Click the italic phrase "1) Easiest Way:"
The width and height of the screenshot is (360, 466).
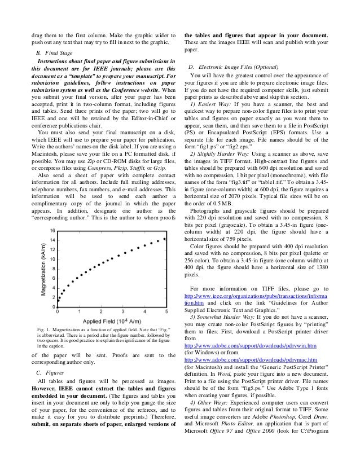(x=212, y=106)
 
